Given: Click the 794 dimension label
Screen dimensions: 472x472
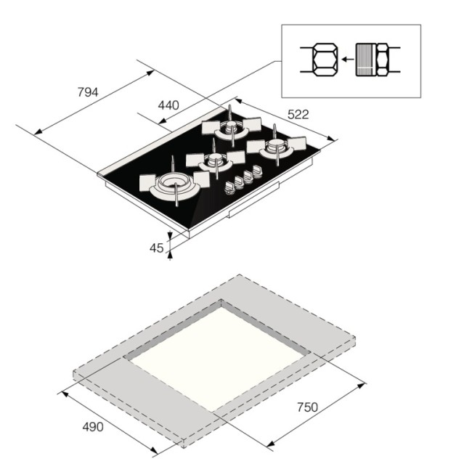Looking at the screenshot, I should coord(87,92).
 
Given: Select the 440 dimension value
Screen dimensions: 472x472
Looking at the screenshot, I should coord(168,105).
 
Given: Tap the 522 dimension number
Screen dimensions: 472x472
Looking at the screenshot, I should coord(298,114).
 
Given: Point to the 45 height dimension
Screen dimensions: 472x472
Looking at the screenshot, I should coord(156,248).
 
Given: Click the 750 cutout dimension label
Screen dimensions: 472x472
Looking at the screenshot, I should coord(307,407).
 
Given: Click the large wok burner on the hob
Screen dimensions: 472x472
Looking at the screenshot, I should coord(174,183).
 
